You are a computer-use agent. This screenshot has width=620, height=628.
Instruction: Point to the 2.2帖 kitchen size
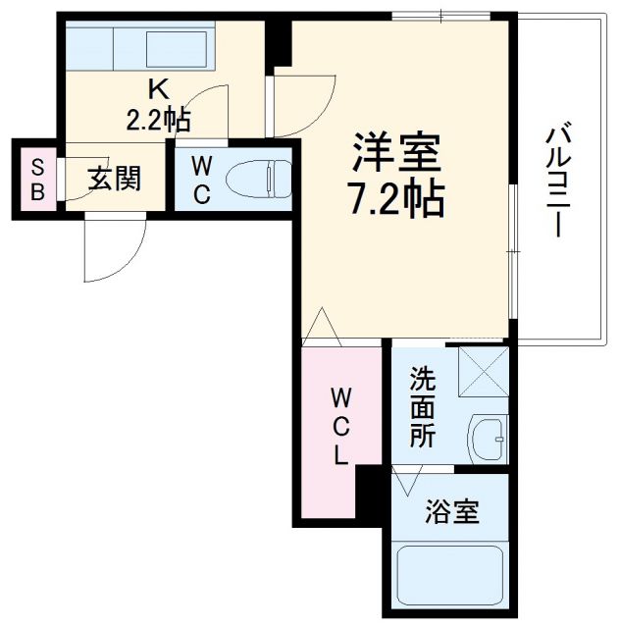point(156,119)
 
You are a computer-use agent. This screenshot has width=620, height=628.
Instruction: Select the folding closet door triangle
point(322,328)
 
